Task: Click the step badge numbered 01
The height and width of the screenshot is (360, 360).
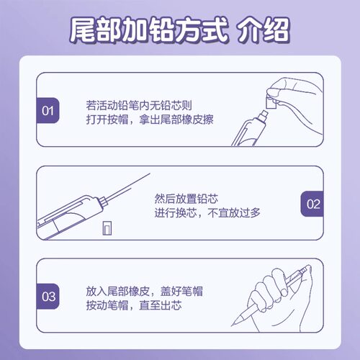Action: point(48,111)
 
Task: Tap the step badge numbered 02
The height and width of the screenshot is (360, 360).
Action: point(312,204)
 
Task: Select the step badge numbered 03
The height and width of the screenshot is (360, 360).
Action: point(48,296)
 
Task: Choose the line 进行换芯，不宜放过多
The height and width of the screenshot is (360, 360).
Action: point(206,212)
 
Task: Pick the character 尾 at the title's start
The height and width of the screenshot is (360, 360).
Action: point(83,31)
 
